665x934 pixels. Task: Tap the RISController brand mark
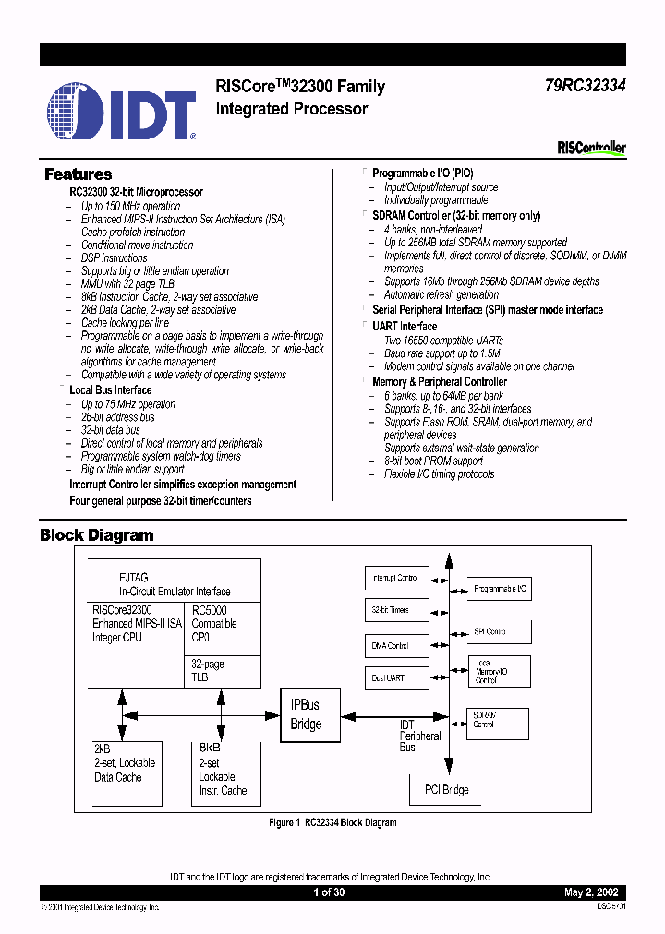point(591,148)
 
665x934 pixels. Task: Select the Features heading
point(79,174)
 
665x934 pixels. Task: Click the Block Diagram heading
point(96,535)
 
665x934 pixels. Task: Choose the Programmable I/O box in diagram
point(500,588)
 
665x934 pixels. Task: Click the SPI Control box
point(500,632)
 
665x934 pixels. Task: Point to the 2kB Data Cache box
point(125,770)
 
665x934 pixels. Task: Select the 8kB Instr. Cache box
point(223,770)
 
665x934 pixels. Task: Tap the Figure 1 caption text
point(332,822)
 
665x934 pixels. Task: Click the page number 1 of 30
point(331,892)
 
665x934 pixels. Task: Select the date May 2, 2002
point(591,892)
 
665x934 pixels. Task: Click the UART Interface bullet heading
point(405,326)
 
